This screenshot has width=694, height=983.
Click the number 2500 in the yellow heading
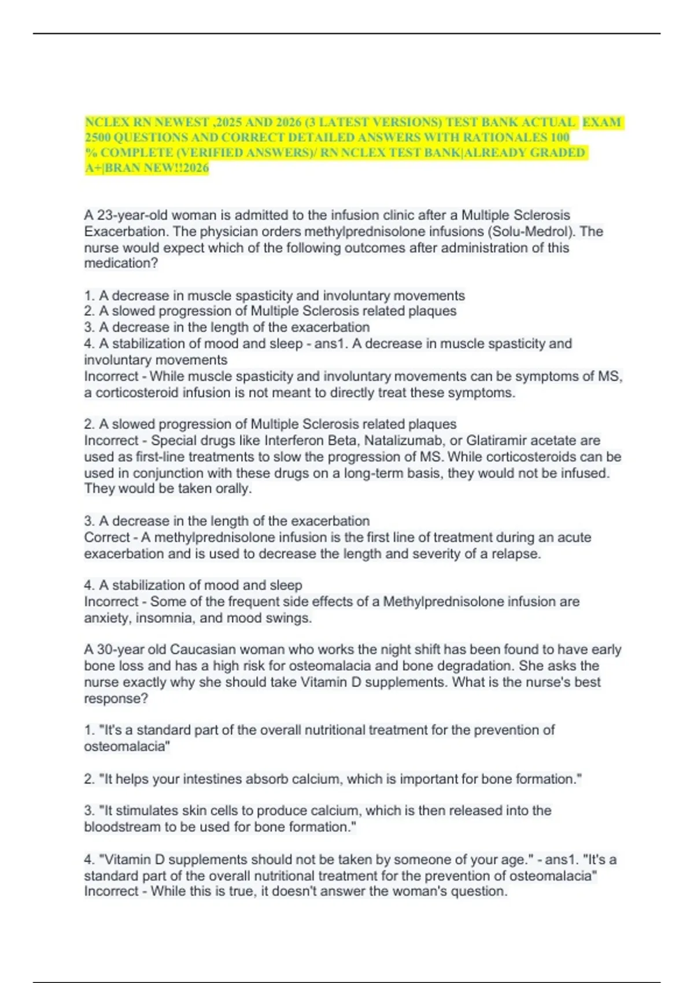click(x=97, y=138)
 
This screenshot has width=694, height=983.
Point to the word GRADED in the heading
click(x=560, y=153)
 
